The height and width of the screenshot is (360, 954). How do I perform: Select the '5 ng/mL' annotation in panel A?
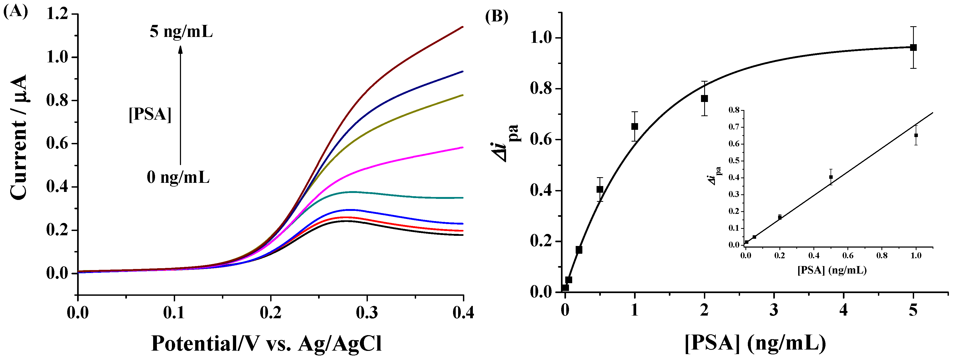pyautogui.click(x=181, y=32)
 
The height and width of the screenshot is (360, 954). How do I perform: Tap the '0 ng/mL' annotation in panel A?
pyautogui.click(x=178, y=177)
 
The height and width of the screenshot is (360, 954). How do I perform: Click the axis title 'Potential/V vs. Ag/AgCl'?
pyautogui.click(x=266, y=344)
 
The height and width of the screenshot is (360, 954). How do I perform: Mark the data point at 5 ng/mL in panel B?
pyautogui.click(x=913, y=47)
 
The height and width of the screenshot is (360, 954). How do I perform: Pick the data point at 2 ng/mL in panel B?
pyautogui.click(x=704, y=98)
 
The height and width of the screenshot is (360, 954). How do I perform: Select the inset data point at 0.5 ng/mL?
pyautogui.click(x=831, y=177)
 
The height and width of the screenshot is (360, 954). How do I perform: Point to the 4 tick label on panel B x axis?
pyautogui.click(x=844, y=310)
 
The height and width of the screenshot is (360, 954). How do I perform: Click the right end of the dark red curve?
pyautogui.click(x=462, y=27)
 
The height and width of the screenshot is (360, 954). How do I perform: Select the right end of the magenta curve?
pyautogui.click(x=462, y=147)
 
